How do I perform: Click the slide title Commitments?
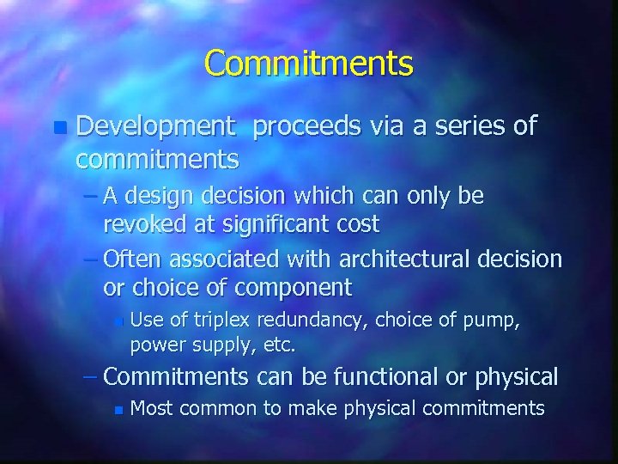tap(309, 64)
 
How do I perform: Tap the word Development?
tap(155, 127)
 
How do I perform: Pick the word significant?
tap(263, 224)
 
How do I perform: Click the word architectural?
tap(392, 259)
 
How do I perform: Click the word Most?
tap(150, 408)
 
